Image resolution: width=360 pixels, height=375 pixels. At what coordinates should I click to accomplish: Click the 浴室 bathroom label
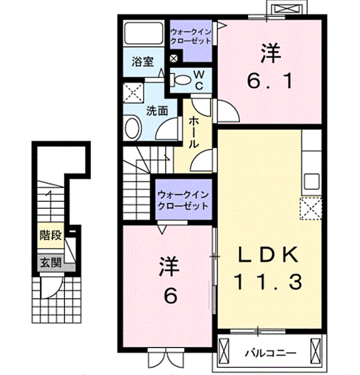(142, 62)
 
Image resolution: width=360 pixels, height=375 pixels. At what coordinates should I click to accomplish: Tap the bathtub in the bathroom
(144, 33)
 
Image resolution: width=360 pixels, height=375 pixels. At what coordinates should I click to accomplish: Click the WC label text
(199, 80)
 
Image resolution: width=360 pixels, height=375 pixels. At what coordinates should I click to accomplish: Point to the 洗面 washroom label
(157, 111)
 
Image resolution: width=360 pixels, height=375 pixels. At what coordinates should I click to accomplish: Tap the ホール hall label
(194, 132)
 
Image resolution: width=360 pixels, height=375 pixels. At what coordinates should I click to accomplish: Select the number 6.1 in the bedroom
(269, 81)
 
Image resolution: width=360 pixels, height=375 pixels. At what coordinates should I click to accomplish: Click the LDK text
(268, 254)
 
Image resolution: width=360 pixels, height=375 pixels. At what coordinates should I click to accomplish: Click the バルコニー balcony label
(270, 353)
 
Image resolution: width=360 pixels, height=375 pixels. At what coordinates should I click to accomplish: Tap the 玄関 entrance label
(51, 263)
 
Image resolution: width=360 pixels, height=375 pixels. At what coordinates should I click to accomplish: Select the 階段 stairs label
(51, 236)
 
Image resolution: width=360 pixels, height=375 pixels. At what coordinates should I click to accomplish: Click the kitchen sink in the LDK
(311, 181)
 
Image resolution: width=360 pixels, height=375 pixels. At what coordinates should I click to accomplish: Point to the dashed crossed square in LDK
(311, 208)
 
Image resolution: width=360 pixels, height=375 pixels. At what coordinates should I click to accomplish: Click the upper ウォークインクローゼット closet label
(191, 36)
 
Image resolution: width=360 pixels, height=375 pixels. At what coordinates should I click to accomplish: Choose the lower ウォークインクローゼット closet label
(184, 201)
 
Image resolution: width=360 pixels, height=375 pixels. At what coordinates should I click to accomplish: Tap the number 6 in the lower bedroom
(170, 296)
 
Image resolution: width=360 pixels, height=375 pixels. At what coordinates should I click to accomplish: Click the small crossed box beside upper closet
(174, 58)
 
